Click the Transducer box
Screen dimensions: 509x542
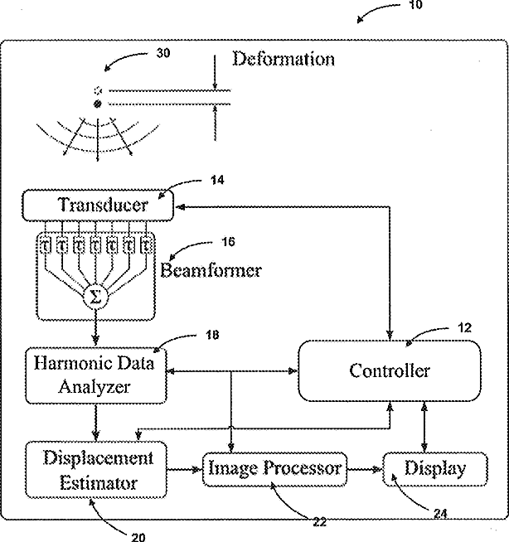(98, 205)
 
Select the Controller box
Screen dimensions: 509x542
(390, 371)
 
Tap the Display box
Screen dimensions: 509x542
(435, 469)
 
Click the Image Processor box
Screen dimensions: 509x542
(274, 469)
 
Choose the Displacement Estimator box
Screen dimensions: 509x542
(96, 470)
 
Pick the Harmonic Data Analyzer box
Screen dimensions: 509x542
(96, 375)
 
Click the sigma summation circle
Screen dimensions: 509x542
(96, 297)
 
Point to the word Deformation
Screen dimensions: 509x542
(284, 59)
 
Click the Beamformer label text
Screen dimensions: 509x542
(211, 270)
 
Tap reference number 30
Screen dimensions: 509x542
(163, 53)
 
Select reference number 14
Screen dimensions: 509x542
(217, 180)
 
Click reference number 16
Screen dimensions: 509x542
(228, 242)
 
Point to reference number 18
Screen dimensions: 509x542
(212, 335)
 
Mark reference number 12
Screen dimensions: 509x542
(464, 327)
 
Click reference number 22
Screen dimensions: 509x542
(320, 522)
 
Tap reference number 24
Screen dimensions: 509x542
(440, 514)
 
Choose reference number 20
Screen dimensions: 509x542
(138, 537)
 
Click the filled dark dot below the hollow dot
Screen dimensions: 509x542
(98, 104)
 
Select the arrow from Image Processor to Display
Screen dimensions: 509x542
(364, 469)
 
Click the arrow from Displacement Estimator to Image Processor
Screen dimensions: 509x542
(184, 469)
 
